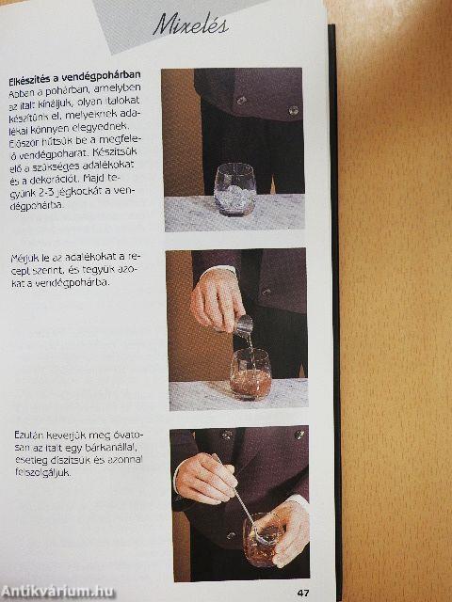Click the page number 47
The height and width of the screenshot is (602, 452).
pos(303,592)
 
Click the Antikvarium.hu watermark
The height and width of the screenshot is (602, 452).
pos(58,591)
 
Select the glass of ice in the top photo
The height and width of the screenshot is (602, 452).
pos(234,189)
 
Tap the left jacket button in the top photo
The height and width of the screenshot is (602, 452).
pos(241,100)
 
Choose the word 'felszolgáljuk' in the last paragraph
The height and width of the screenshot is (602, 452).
pos(43,475)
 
